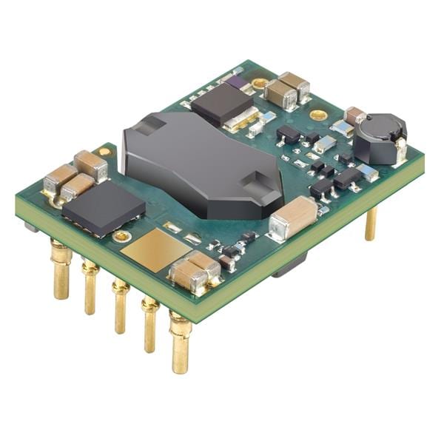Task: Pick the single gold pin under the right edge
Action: click(x=371, y=222)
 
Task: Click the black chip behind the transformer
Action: click(x=224, y=102)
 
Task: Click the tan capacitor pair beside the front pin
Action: click(x=195, y=270)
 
